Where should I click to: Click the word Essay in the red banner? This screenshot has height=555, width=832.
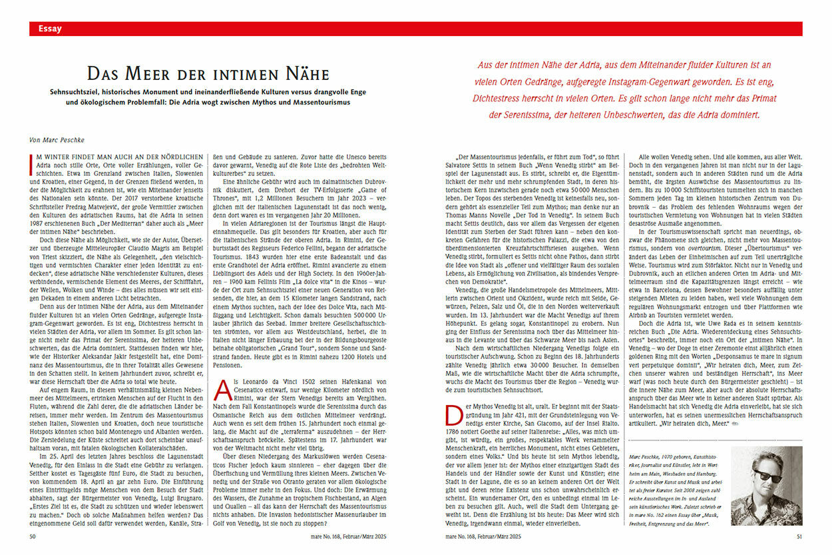[51, 29]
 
